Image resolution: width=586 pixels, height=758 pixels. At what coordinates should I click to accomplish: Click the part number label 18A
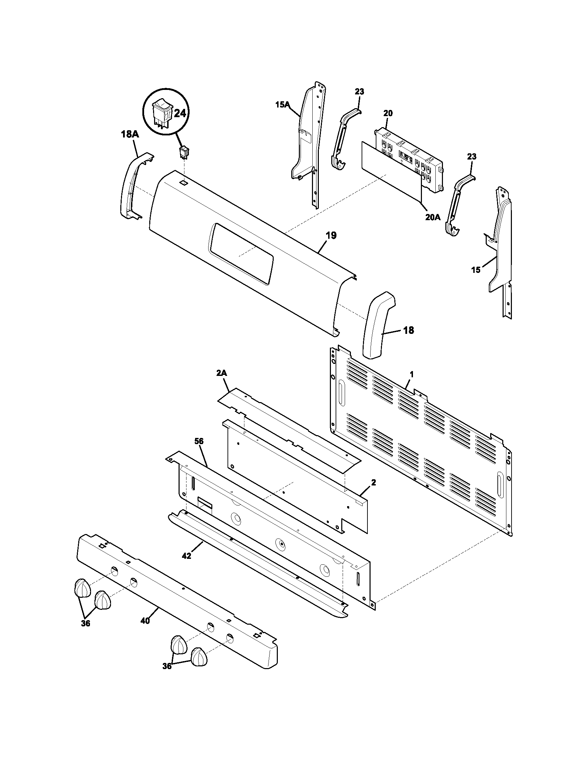coord(130,134)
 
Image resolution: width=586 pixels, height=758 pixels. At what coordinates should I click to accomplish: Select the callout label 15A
coord(282,104)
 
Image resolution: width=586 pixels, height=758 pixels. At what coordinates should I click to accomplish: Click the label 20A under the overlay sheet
coord(433,217)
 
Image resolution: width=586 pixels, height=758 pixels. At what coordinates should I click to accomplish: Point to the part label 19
coord(331,235)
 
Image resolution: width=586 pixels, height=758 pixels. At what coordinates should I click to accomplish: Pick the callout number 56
coord(199,441)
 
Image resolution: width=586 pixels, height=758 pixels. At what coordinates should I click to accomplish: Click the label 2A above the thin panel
coord(222,373)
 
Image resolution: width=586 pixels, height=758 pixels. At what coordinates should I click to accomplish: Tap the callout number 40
coord(145,621)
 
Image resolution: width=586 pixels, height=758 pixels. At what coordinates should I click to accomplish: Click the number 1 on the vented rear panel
coord(411,375)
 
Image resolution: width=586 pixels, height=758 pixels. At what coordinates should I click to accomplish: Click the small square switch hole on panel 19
coord(183,182)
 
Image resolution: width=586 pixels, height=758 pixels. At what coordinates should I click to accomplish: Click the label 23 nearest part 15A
coord(359,92)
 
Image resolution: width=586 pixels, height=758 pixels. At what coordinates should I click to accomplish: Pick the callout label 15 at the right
coord(476,270)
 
